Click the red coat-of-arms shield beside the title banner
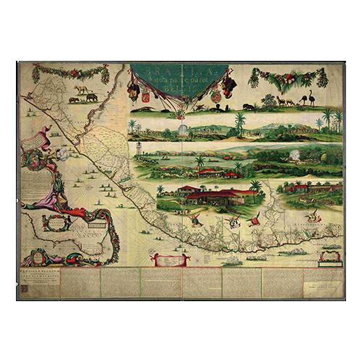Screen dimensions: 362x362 (144, 96)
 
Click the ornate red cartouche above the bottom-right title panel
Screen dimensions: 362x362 (329, 255)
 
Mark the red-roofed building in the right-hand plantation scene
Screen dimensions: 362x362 (297, 189)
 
